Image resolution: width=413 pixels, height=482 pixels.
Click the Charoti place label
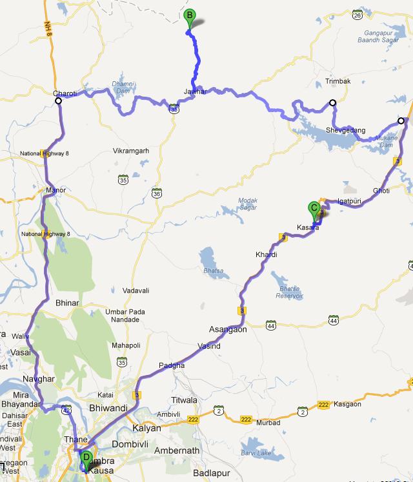click(65, 93)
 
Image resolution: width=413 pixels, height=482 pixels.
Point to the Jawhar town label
click(195, 92)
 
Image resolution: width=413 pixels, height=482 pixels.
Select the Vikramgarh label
click(131, 151)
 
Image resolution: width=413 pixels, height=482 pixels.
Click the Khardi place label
click(266, 255)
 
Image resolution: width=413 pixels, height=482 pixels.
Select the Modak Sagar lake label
click(248, 204)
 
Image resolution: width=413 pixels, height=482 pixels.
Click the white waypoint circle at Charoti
click(58, 101)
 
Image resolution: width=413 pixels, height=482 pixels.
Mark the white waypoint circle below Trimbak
click(333, 102)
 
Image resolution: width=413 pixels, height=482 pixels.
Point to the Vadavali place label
click(135, 291)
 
